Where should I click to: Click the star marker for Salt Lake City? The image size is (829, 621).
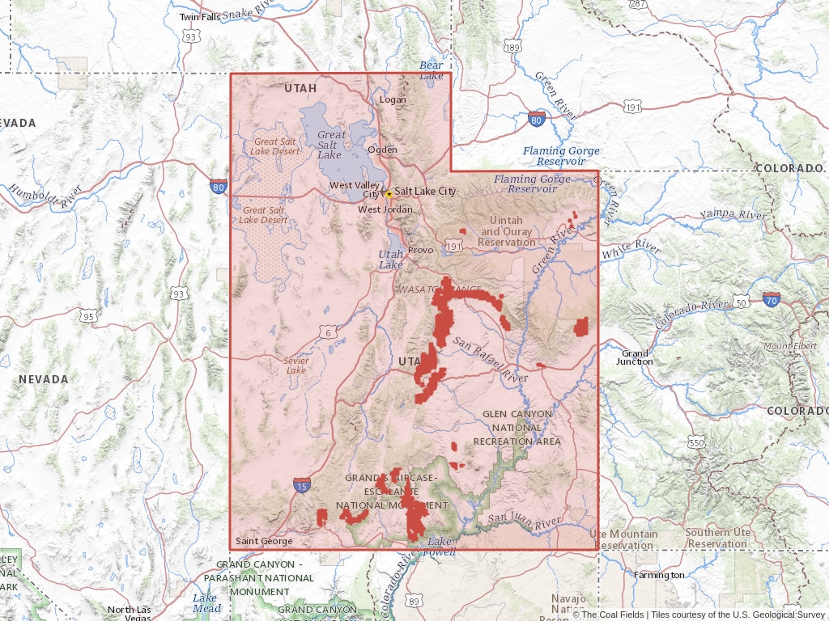(x=389, y=194)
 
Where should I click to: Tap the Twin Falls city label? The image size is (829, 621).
(x=199, y=17)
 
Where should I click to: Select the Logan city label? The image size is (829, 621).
(x=393, y=99)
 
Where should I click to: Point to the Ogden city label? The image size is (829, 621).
(x=382, y=150)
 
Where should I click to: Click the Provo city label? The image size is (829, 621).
(x=420, y=250)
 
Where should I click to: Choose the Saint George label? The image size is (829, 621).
(x=263, y=541)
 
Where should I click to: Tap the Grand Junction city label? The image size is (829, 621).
(x=636, y=357)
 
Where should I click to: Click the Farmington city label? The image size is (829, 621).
(x=658, y=575)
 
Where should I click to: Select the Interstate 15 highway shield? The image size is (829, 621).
(x=302, y=485)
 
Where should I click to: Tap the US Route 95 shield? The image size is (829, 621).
(x=89, y=316)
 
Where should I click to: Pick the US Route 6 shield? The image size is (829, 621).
(x=329, y=332)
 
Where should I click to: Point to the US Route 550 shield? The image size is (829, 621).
(x=696, y=443)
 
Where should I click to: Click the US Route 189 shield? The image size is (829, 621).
(x=512, y=49)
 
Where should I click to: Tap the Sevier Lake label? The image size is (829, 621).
(x=295, y=365)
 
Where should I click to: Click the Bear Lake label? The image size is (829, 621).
(x=431, y=70)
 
